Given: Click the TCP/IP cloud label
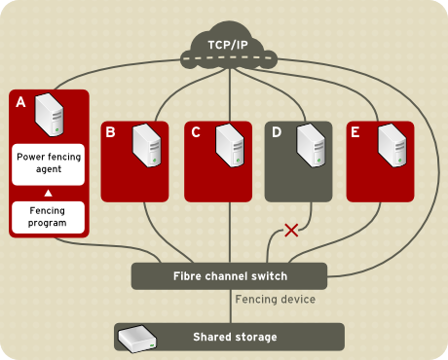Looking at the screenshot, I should point(229,44).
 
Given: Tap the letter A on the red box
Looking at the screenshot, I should point(20,100).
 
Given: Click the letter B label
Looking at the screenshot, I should point(111,131).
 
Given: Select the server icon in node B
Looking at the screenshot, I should point(145,145).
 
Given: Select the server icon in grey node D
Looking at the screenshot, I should point(310,145).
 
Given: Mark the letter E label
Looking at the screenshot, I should point(355,131).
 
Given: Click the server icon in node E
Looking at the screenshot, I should point(391,145).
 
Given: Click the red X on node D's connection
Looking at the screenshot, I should point(289,231).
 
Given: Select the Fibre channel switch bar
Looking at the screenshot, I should point(229,275).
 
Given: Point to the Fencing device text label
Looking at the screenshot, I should point(276,300).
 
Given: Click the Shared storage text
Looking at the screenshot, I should point(234,337).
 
